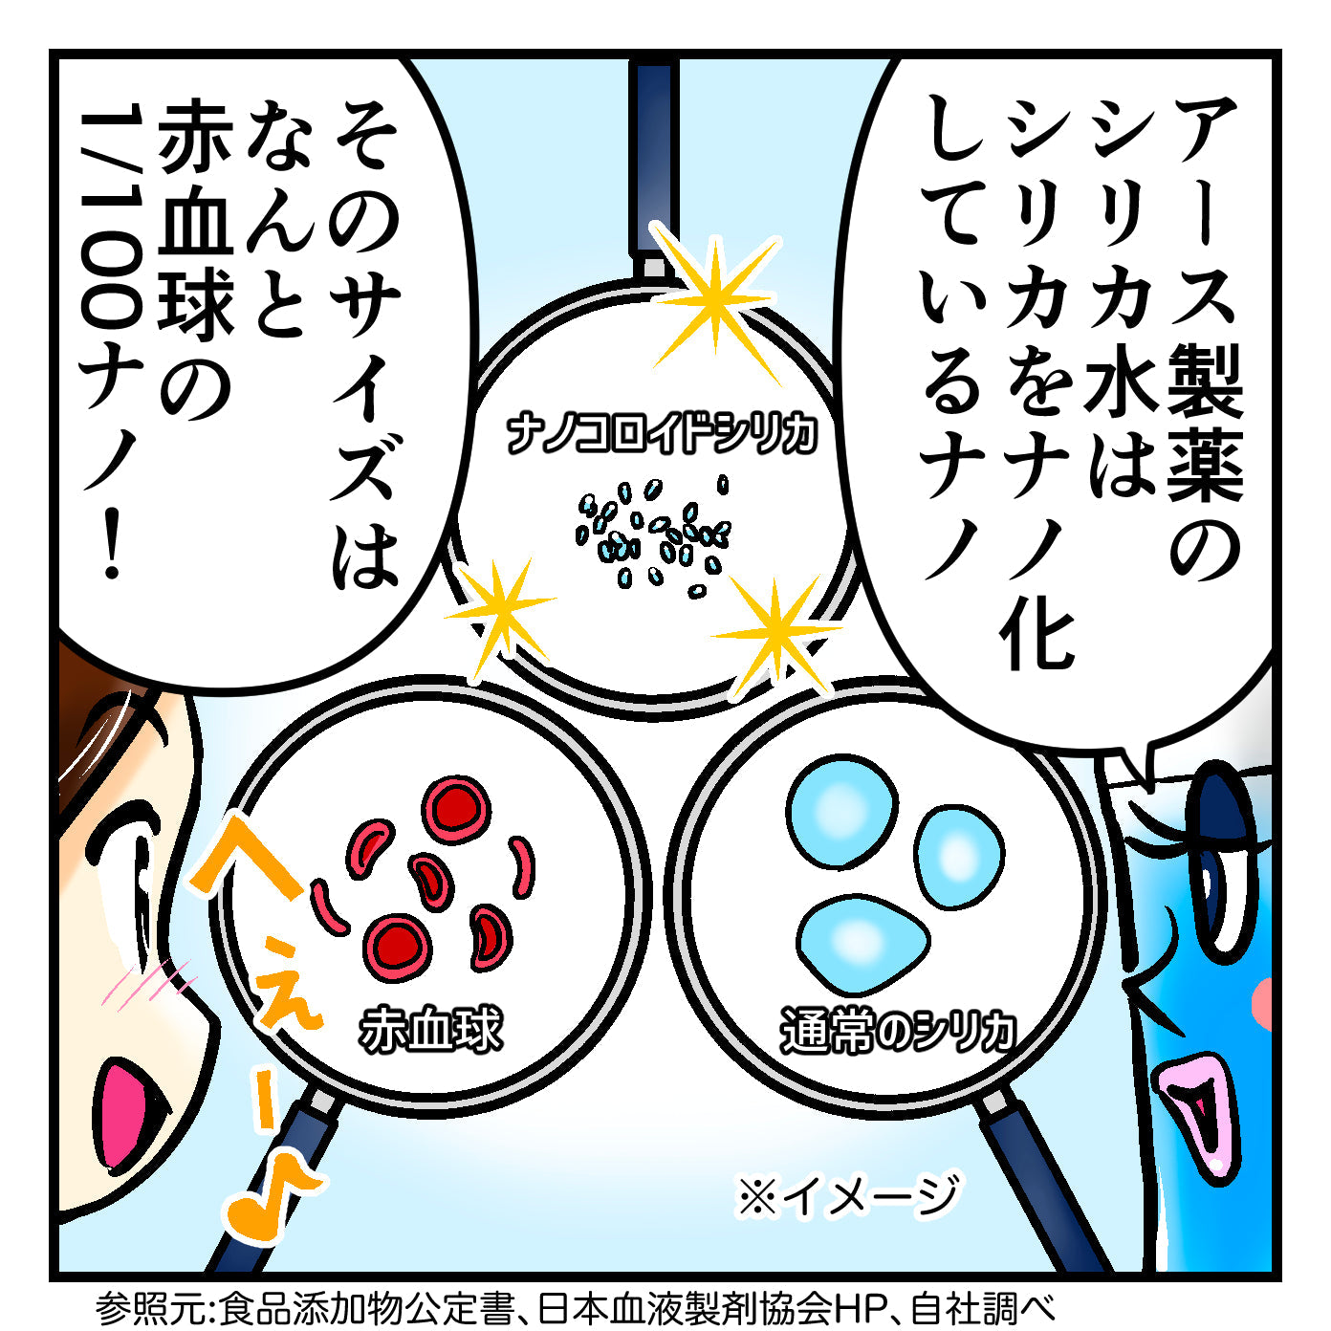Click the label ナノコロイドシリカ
pyautogui.click(x=662, y=434)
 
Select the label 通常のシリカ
pyautogui.click(x=897, y=1031)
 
